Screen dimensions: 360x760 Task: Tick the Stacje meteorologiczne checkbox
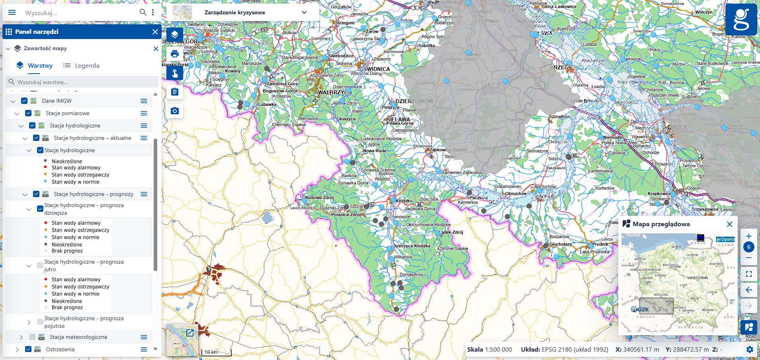[32, 337]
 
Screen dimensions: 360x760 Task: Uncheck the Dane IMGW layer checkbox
[24, 101]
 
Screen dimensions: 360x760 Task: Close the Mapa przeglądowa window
[729, 224]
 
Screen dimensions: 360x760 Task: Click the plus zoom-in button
[748, 236]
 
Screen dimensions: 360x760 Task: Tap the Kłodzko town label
[404, 201]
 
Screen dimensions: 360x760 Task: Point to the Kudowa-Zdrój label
[319, 198]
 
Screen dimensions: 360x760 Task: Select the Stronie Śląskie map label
[454, 248]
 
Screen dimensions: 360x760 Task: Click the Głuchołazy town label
[561, 244]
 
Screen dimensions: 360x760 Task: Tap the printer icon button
[175, 54]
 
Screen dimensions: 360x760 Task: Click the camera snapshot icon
[175, 111]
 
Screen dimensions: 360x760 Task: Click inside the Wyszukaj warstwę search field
[84, 82]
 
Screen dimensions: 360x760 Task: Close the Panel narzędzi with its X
[155, 32]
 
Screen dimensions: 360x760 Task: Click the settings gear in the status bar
[750, 349]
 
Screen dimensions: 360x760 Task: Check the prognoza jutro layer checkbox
[40, 265]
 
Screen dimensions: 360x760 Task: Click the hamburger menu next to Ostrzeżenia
[144, 349]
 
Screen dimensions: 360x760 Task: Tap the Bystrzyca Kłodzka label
[412, 246]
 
